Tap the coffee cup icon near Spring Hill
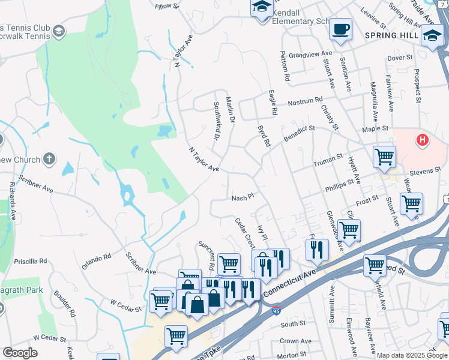tap(340, 29)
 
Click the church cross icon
tap(49, 160)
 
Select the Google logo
tap(20, 353)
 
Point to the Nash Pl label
tap(244, 197)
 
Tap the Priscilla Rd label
tap(30, 262)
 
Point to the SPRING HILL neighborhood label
tap(389, 35)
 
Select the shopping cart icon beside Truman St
tap(384, 157)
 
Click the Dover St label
tap(400, 58)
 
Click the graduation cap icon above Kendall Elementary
tap(262, 7)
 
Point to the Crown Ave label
tap(295, 341)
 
